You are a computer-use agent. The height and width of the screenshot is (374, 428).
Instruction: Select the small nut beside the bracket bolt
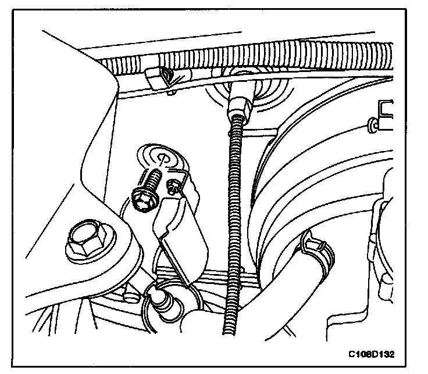[x=173, y=187]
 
